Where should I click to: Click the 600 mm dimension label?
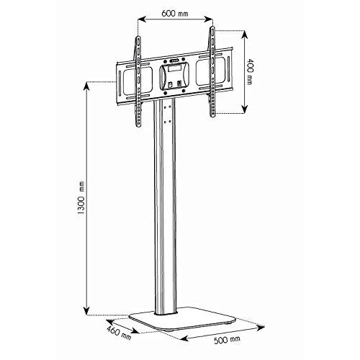click(x=175, y=13)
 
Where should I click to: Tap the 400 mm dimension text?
click(x=251, y=71)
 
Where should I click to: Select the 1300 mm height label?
click(x=82, y=197)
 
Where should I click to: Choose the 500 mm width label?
click(x=227, y=340)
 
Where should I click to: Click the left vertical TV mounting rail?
click(x=138, y=81)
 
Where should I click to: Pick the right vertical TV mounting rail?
click(x=212, y=71)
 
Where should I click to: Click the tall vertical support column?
click(x=165, y=207)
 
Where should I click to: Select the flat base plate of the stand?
click(x=182, y=318)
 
